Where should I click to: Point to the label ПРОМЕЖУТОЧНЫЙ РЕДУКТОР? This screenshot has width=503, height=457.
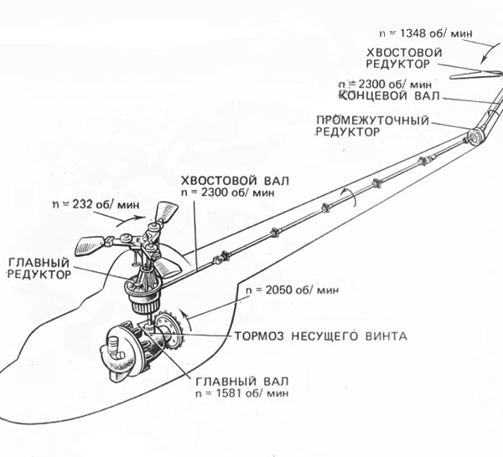[x=371, y=126]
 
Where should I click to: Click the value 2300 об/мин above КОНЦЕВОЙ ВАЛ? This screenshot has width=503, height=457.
[x=384, y=85]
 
